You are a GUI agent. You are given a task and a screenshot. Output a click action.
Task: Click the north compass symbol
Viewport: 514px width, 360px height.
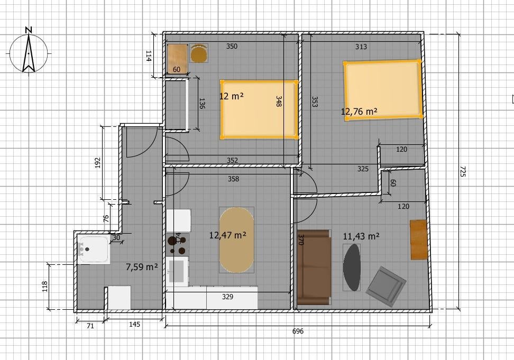coord(29,51)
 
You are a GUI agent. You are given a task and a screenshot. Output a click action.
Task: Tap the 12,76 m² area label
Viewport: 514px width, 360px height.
coord(359,112)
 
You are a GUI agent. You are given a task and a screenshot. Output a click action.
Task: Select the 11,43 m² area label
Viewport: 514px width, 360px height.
coord(361,236)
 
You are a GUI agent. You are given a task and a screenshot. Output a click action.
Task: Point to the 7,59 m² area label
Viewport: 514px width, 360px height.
coord(142,267)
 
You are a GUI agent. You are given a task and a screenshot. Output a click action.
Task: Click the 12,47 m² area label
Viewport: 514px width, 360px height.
coord(228,235)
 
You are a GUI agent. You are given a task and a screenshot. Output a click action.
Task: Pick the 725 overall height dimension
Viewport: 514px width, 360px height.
coord(463,171)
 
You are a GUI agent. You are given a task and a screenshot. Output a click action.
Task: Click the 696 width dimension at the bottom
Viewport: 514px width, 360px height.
coord(298,331)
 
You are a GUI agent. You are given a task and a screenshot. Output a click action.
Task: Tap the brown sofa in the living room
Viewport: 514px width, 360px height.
coord(314,267)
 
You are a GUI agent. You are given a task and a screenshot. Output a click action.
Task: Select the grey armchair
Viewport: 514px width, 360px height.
coord(386,286)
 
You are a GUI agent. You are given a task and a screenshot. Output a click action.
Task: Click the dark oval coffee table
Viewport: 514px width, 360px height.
coord(352,267)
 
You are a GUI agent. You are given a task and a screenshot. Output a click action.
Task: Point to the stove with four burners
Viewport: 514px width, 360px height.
coord(178,244)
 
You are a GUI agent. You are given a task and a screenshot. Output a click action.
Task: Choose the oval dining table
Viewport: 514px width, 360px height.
coord(236,240)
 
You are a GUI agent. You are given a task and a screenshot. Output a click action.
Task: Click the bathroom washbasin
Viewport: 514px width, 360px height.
coord(94,249)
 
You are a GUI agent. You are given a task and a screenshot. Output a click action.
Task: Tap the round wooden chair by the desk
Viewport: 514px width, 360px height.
coord(199,53)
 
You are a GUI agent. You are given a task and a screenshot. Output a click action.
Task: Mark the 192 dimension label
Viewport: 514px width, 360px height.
coord(97,163)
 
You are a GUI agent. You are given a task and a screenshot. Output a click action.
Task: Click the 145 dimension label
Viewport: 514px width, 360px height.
coord(134,324)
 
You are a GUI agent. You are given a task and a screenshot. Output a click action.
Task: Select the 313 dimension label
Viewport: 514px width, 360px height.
coord(361,47)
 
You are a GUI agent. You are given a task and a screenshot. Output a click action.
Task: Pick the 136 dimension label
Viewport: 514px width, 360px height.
coord(202,104)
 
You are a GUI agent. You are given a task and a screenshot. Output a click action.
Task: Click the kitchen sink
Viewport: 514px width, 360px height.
coord(177,271)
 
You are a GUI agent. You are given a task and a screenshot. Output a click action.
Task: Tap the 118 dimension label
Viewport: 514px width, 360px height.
coord(45,287)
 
